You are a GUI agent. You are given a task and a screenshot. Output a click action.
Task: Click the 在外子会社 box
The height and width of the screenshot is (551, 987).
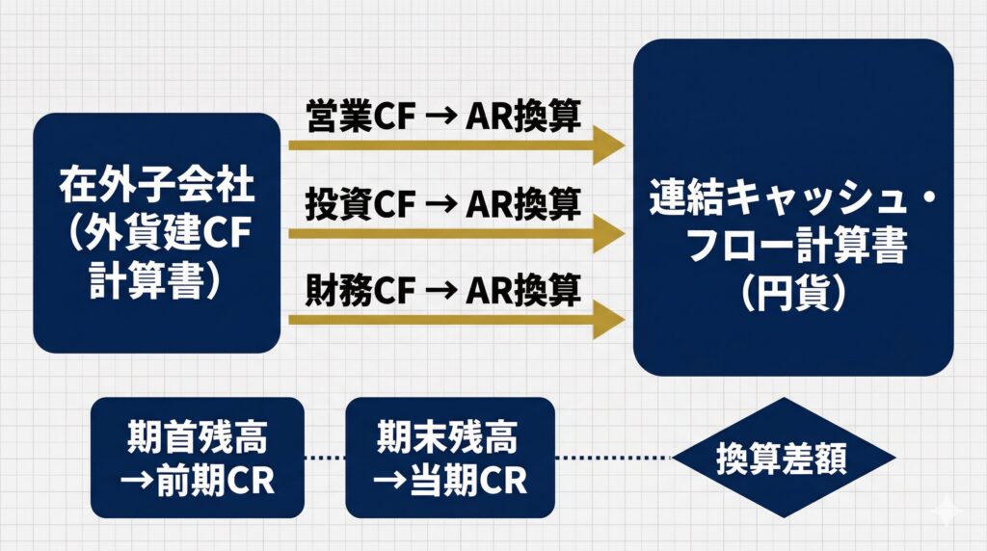point(155,232)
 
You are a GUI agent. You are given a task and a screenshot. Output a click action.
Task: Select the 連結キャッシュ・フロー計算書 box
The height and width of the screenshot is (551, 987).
point(792,207)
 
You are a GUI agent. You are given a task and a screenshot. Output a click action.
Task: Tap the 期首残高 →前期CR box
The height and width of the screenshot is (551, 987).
point(197,459)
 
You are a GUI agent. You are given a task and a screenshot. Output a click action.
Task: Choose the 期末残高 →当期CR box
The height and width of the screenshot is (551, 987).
point(450,459)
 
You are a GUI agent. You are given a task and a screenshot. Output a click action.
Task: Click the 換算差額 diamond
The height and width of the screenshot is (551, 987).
point(783,459)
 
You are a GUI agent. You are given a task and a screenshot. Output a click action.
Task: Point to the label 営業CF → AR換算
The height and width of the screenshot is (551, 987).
point(442,118)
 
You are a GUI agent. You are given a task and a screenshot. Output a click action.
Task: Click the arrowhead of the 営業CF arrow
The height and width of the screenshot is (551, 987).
point(607,145)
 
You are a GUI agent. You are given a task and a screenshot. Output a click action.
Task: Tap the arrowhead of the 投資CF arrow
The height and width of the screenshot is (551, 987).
point(607,231)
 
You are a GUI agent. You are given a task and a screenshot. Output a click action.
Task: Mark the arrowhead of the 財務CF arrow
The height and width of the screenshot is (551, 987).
point(607,317)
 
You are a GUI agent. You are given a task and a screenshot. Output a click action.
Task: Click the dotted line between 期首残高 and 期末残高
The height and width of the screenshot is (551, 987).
point(325,459)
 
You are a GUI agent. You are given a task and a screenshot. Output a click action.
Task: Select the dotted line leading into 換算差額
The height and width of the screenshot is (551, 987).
point(614,459)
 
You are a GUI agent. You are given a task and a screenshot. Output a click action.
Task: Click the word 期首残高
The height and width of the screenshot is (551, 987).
point(197,438)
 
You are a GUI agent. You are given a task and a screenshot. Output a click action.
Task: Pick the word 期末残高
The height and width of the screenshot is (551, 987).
point(450,438)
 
